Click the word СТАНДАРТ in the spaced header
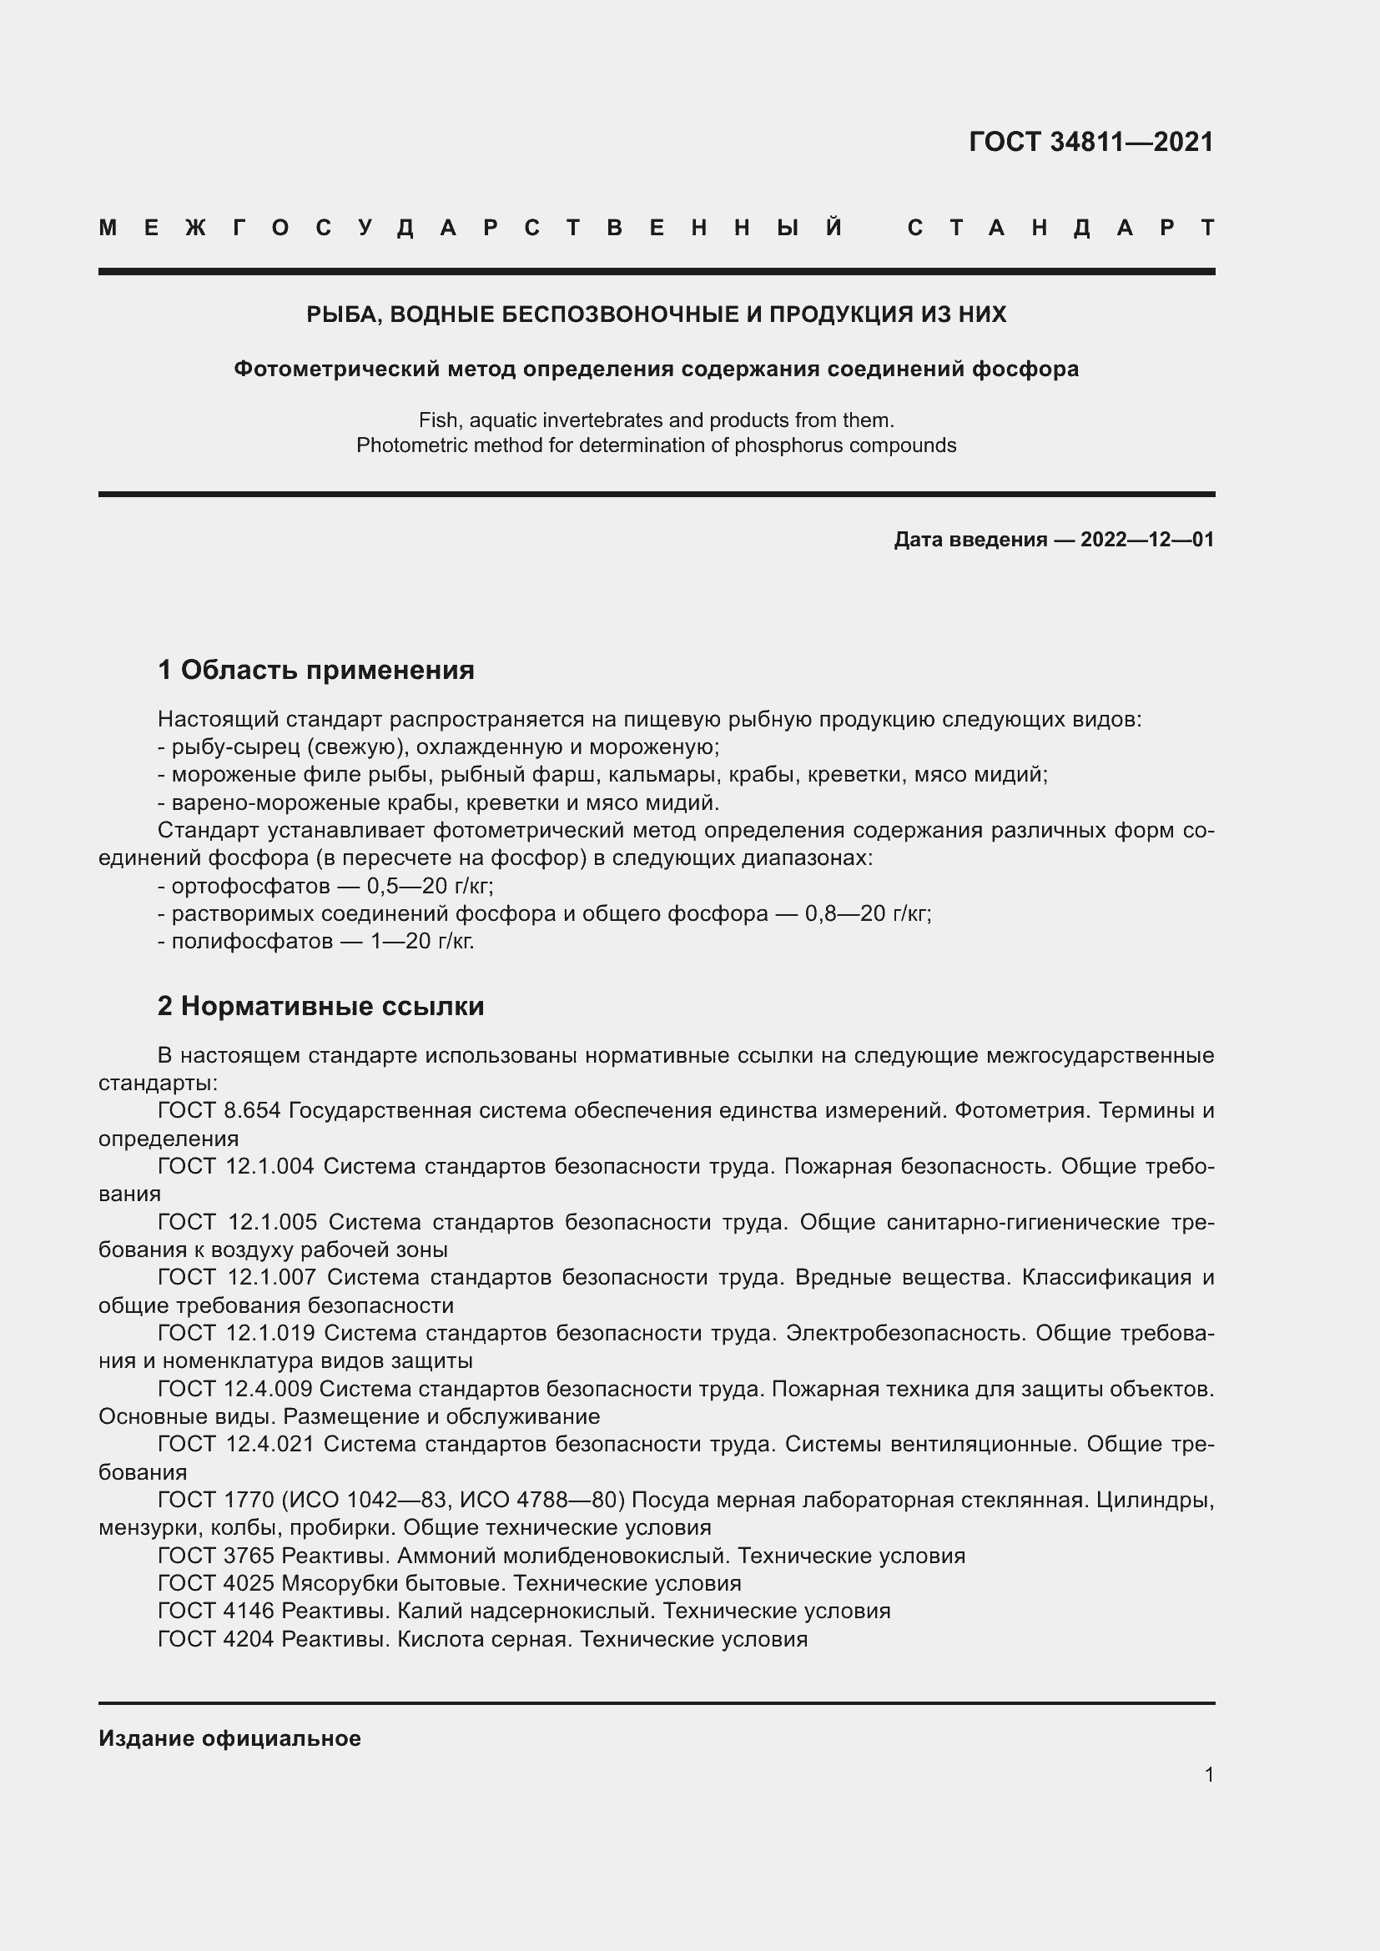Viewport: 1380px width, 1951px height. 1061,228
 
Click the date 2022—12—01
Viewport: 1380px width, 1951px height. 1146,540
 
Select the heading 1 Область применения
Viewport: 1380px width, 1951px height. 315,670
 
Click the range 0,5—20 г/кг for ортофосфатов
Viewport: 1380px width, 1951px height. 429,887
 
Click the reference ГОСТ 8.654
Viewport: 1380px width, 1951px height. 219,1110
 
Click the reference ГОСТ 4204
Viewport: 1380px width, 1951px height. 216,1638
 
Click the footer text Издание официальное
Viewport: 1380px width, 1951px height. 229,1738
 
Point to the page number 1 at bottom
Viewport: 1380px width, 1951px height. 1208,1774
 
